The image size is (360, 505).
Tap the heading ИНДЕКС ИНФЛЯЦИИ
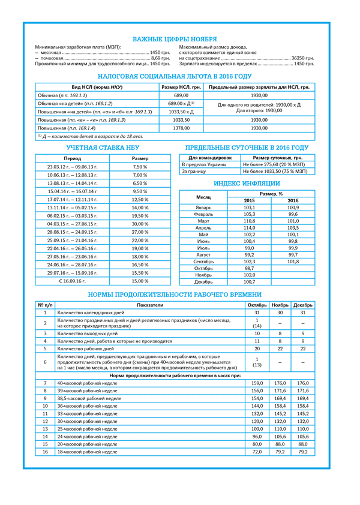(247, 184)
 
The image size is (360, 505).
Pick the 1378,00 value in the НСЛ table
(181, 128)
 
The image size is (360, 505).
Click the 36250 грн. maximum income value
(302, 58)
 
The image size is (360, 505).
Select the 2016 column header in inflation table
(293, 200)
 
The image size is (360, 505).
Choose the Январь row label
(203, 207)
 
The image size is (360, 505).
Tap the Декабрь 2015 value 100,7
(249, 281)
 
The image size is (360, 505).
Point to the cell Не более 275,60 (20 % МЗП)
(275, 164)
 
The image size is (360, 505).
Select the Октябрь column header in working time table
(257, 305)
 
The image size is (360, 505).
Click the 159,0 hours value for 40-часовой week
(257, 383)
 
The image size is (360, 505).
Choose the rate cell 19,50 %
(140, 215)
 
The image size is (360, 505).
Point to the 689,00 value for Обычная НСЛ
(181, 95)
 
